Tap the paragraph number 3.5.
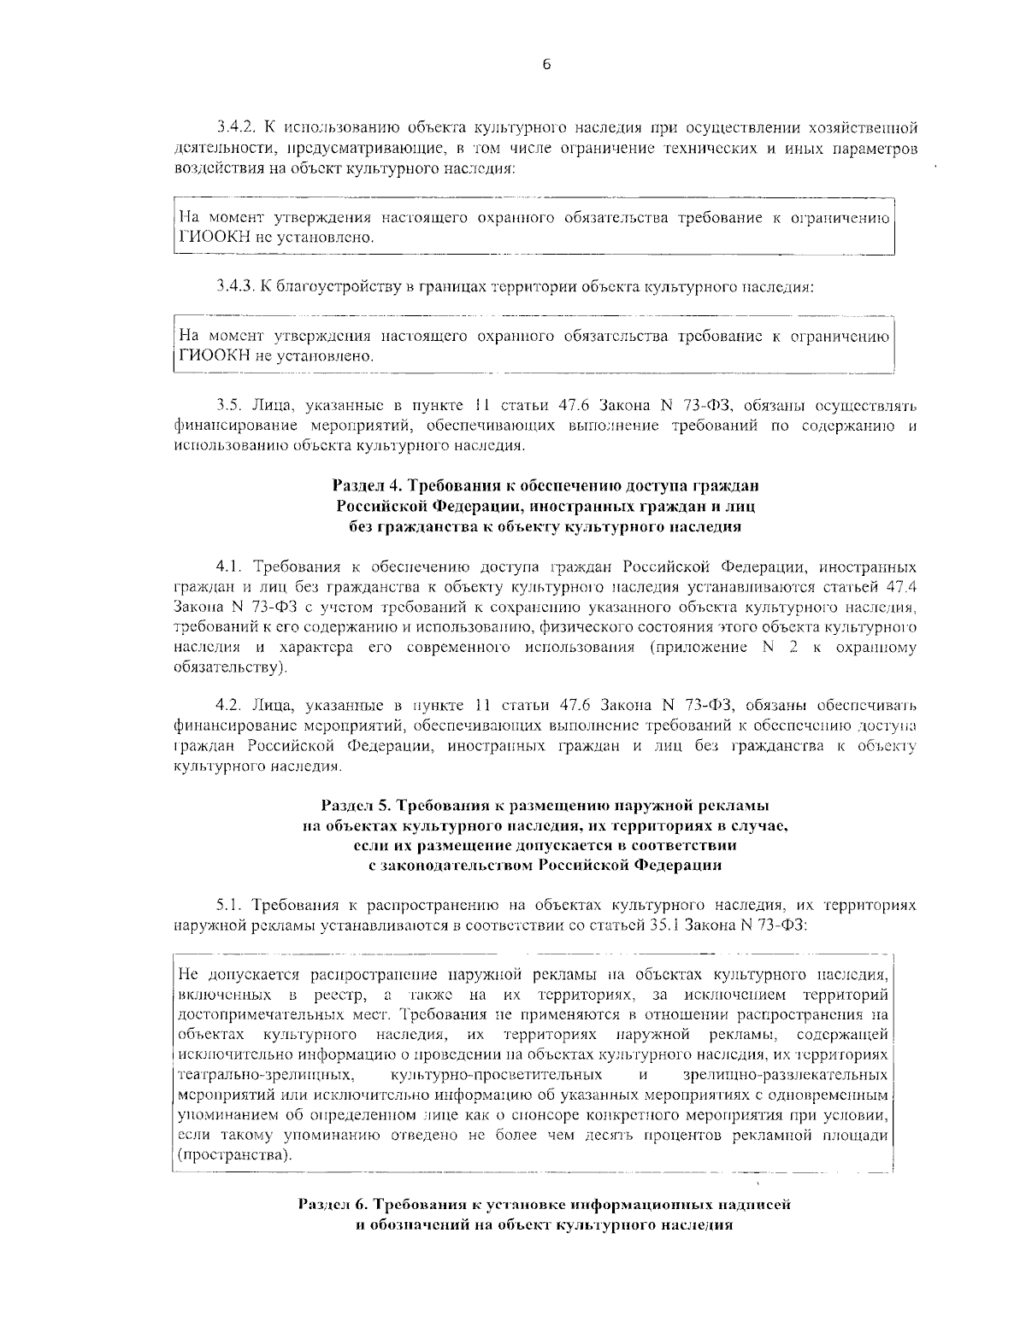point(227,404)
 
